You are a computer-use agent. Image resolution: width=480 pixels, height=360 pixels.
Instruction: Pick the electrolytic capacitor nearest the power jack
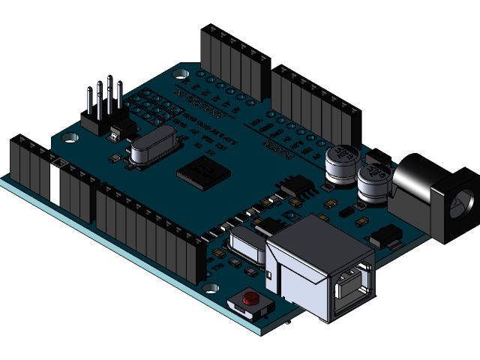(x=373, y=182)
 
